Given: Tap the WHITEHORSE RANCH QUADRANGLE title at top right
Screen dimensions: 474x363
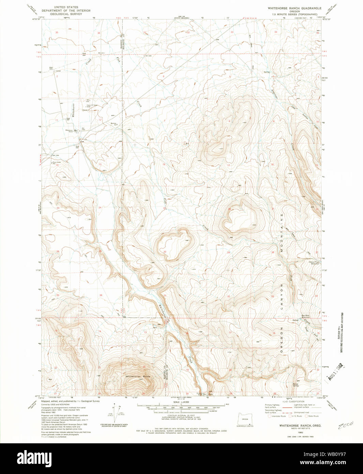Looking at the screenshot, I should click(294, 8).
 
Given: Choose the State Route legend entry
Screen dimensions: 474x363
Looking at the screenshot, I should click(312, 416).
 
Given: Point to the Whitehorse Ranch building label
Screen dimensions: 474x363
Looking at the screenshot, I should click(69, 131).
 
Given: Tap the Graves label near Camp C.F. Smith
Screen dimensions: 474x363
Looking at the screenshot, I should click(85, 110).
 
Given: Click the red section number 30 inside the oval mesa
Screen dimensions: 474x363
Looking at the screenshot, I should click(165, 252).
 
